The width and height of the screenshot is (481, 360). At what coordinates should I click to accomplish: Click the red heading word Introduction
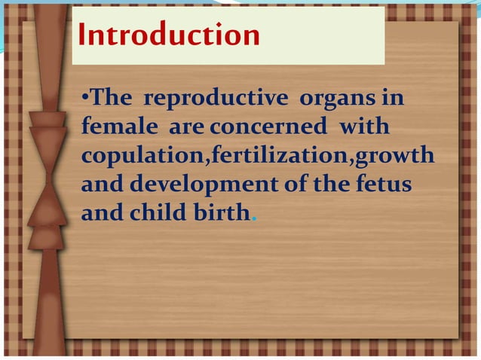(x=169, y=35)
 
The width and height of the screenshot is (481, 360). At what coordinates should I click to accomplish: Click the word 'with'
(x=365, y=127)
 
